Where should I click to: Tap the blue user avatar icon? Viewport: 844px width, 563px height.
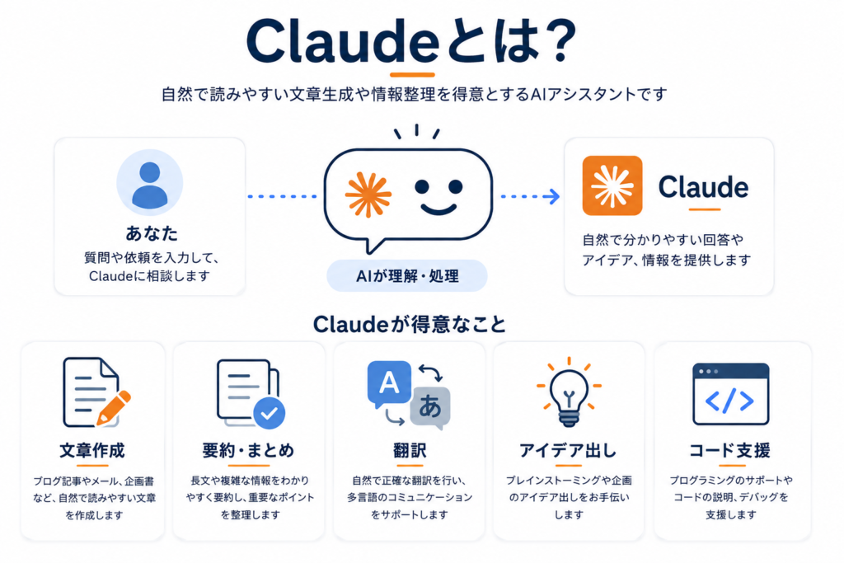tap(150, 183)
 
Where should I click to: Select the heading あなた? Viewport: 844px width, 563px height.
tap(152, 233)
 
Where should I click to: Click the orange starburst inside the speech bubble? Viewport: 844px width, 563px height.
tap(368, 195)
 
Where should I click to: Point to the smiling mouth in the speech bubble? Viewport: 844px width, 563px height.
tap(438, 209)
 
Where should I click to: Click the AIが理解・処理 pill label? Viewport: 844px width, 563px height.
tap(407, 276)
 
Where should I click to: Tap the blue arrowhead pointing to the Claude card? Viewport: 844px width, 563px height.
tap(552, 196)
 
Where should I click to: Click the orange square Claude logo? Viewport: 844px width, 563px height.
tap(612, 185)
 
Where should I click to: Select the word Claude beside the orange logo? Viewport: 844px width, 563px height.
tap(703, 187)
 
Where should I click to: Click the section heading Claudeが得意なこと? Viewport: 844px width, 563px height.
tap(410, 325)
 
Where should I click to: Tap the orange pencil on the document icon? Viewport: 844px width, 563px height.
tap(114, 409)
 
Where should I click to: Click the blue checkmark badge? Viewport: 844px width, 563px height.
tap(270, 413)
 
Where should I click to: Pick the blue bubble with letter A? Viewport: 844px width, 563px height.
tap(389, 384)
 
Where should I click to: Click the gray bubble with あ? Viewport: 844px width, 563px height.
tap(430, 407)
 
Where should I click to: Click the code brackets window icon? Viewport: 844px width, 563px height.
tap(730, 394)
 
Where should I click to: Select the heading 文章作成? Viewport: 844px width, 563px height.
tap(92, 451)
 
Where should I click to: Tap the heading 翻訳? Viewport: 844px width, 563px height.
tap(410, 451)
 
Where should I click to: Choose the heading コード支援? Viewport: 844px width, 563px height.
tap(730, 451)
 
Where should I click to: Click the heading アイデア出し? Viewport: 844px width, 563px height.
tap(569, 451)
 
